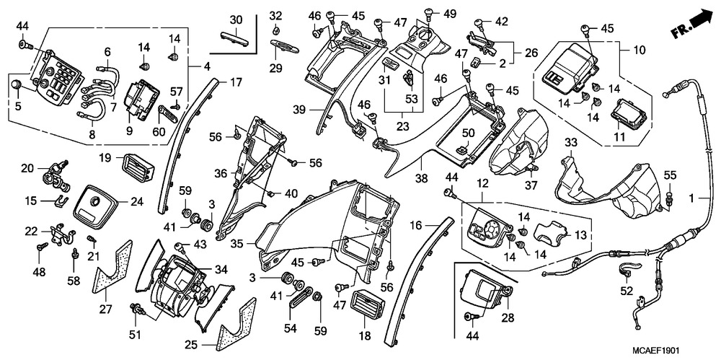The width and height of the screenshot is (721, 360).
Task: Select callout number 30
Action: [x=236, y=21]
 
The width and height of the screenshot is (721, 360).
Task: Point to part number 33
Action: [x=570, y=144]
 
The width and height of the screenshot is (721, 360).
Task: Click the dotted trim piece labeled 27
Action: [x=111, y=268]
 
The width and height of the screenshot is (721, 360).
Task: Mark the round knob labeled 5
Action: [x=17, y=84]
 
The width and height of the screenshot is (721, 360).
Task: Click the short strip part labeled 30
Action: [x=234, y=38]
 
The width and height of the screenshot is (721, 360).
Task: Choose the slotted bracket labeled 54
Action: [x=300, y=297]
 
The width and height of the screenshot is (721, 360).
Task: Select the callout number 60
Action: [x=159, y=131]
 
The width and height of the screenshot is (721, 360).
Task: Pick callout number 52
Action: [x=627, y=291]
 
